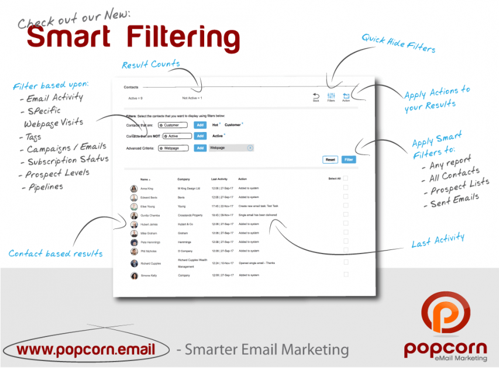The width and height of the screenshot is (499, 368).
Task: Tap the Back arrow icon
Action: [x=316, y=96]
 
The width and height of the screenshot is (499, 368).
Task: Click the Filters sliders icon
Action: [x=331, y=96]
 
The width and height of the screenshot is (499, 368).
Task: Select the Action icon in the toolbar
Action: [x=346, y=96]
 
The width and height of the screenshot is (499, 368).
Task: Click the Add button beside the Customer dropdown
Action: [x=200, y=125]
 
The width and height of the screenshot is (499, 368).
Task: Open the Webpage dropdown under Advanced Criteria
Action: [x=173, y=148]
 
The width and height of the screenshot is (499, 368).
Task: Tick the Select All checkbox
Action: [x=346, y=178]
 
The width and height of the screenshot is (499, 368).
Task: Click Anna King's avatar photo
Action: [x=134, y=189]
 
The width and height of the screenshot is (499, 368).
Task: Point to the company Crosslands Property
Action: [x=190, y=215]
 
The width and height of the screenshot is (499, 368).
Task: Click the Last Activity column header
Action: [x=220, y=179]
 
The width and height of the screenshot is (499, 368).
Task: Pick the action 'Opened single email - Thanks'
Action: [x=257, y=263]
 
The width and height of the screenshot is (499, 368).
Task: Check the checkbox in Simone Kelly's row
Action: [x=346, y=275]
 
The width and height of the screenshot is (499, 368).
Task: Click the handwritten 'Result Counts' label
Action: [x=151, y=64]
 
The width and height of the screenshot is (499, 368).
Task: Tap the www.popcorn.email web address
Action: [x=85, y=350]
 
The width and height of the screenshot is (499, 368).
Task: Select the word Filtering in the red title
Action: [x=183, y=37]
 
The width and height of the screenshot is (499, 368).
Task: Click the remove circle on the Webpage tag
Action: [x=250, y=148]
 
